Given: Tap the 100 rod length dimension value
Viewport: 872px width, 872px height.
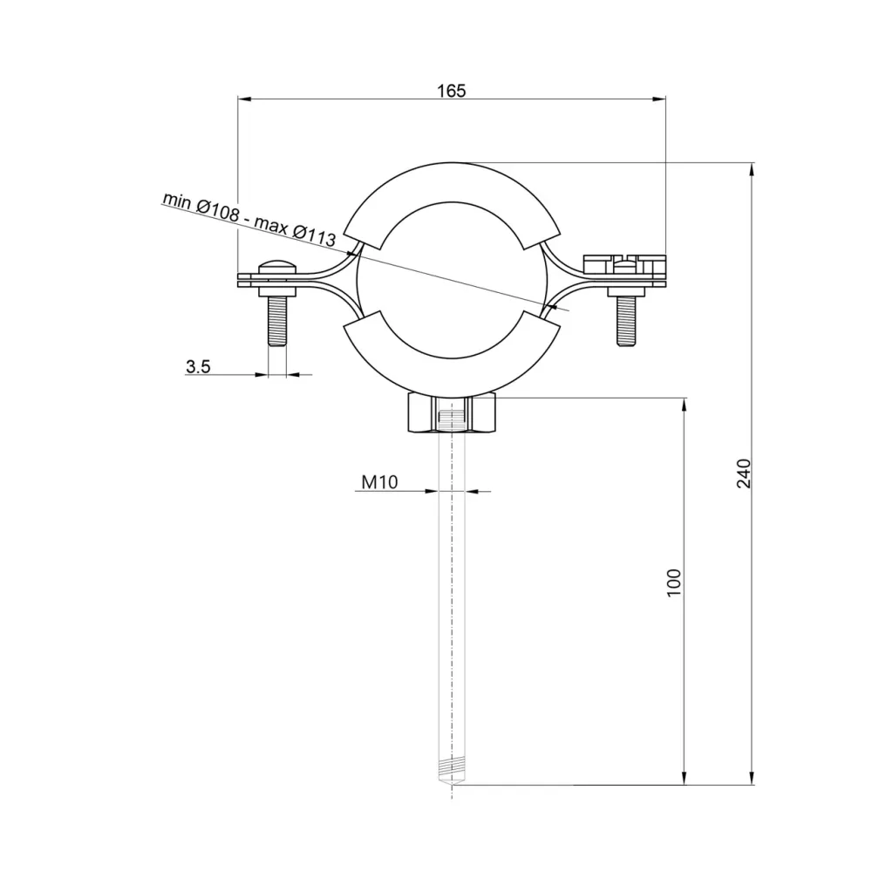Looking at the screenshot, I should tap(673, 582).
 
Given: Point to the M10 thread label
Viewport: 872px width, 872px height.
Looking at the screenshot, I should tap(379, 482).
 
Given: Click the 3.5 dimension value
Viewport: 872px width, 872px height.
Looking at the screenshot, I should tap(198, 366).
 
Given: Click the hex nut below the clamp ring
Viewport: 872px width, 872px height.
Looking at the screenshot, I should tap(451, 415).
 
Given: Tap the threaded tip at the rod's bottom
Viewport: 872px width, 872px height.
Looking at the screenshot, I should tap(451, 771).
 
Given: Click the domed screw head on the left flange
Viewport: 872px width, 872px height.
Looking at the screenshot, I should tap(276, 266).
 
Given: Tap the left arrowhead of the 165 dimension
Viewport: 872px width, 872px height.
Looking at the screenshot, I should tap(244, 99).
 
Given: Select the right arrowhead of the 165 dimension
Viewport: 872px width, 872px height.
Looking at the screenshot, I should tap(659, 99).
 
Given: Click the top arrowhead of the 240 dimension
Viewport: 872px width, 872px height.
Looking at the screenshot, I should tap(753, 168).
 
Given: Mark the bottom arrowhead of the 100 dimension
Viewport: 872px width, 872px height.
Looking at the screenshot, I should tap(685, 778).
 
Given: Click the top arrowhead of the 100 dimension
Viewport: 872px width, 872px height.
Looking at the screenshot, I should tap(685, 404).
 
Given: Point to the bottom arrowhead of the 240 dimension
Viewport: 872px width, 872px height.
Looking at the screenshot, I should tap(753, 778).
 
